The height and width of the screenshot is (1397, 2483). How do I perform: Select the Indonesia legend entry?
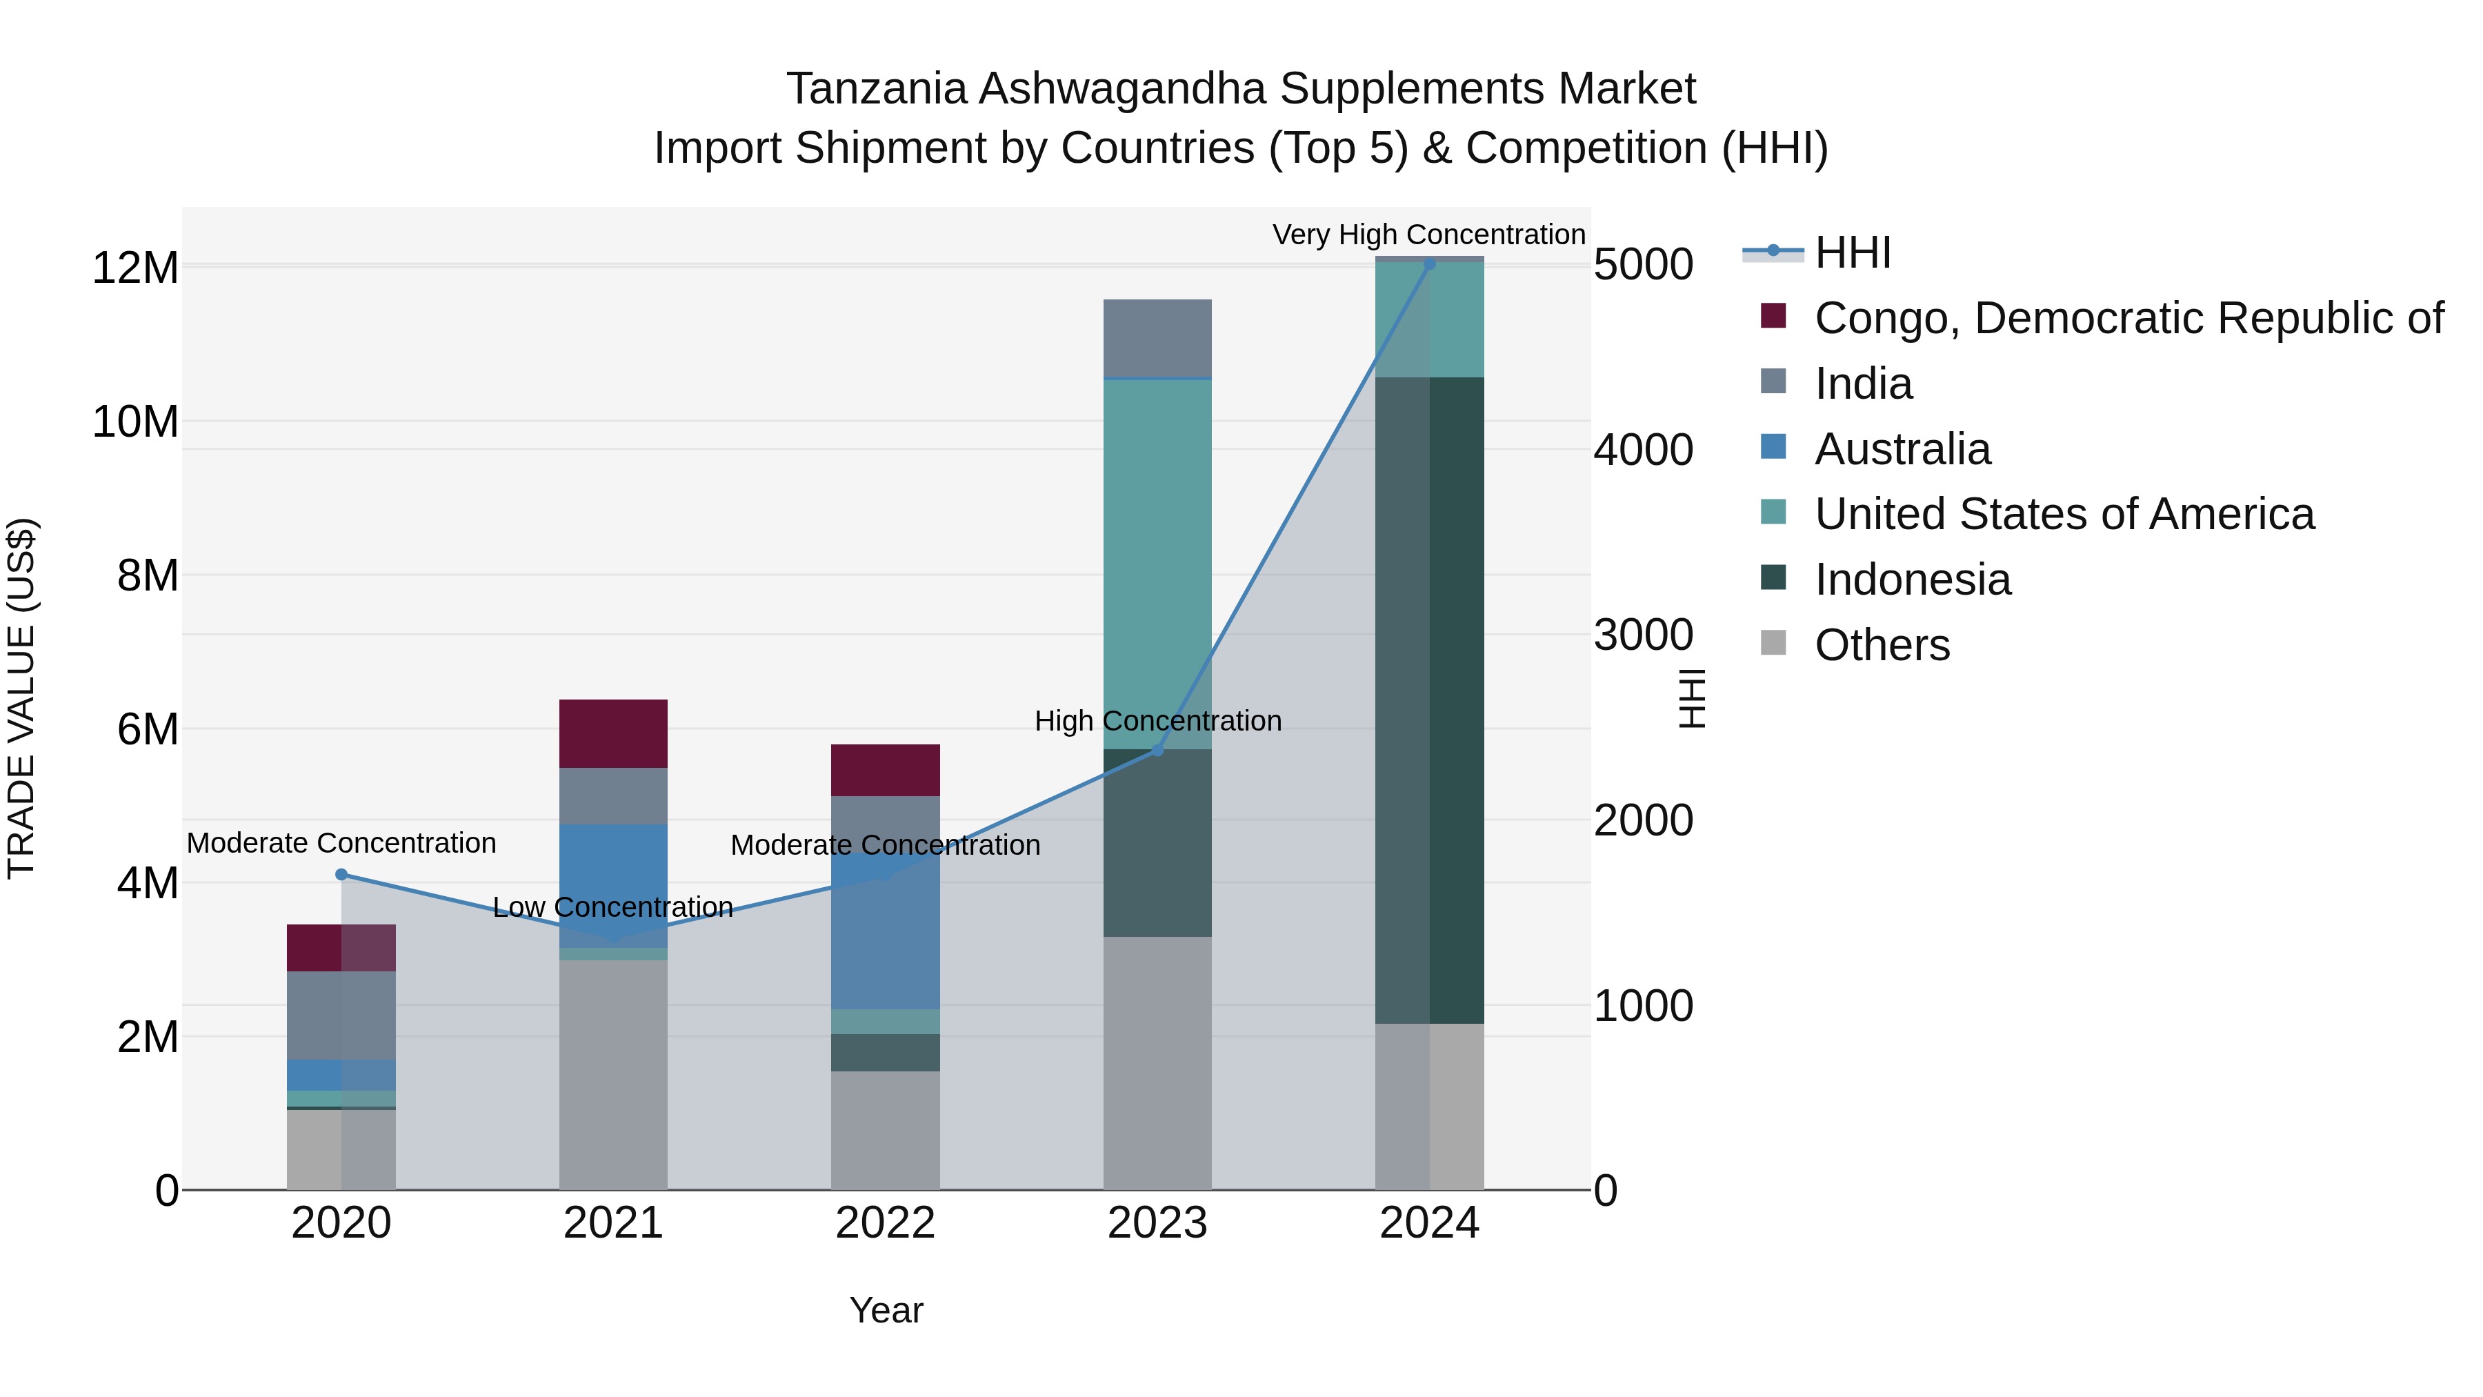click(x=1911, y=579)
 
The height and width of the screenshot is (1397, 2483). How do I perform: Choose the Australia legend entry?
click(x=1902, y=449)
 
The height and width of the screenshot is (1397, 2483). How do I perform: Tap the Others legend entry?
click(x=1882, y=645)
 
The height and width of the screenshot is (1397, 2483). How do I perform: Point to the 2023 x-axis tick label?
click(x=1157, y=1223)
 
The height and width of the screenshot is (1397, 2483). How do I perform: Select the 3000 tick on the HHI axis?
click(x=1642, y=635)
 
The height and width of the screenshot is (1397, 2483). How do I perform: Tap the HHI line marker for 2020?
click(x=341, y=875)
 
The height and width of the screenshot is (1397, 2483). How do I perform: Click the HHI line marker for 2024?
click(x=1430, y=264)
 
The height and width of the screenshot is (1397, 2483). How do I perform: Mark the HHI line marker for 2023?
click(x=1157, y=750)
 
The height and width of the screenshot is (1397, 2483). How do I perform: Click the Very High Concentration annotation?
click(x=1428, y=235)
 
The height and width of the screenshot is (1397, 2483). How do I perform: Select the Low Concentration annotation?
click(x=613, y=907)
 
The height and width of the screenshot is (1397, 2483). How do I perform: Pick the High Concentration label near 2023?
click(x=1157, y=721)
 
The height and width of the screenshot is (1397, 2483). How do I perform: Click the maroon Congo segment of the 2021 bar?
click(x=613, y=733)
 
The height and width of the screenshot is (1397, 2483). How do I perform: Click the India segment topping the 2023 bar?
click(x=1157, y=337)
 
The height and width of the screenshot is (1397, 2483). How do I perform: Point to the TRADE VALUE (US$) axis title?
click(x=21, y=698)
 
